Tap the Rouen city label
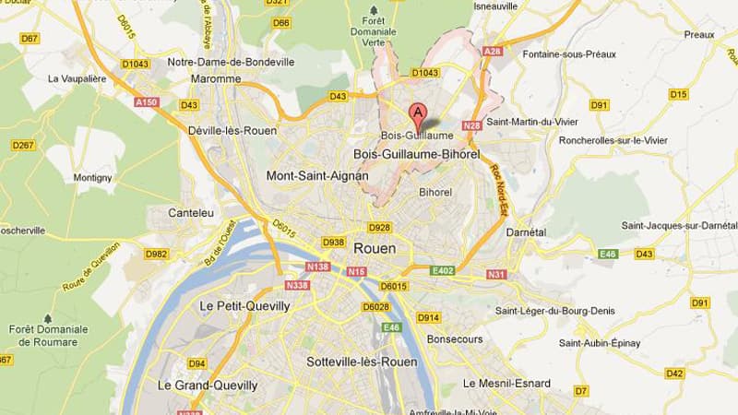pos(375,248)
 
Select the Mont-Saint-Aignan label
pos(316,175)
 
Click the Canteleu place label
pos(192,212)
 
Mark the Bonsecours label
pos(455,339)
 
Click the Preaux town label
pos(698,34)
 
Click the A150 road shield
pos(148,102)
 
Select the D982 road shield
pos(158,254)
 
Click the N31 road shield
pos(496,274)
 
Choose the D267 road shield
pos(23,145)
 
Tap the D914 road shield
pos(428,317)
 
